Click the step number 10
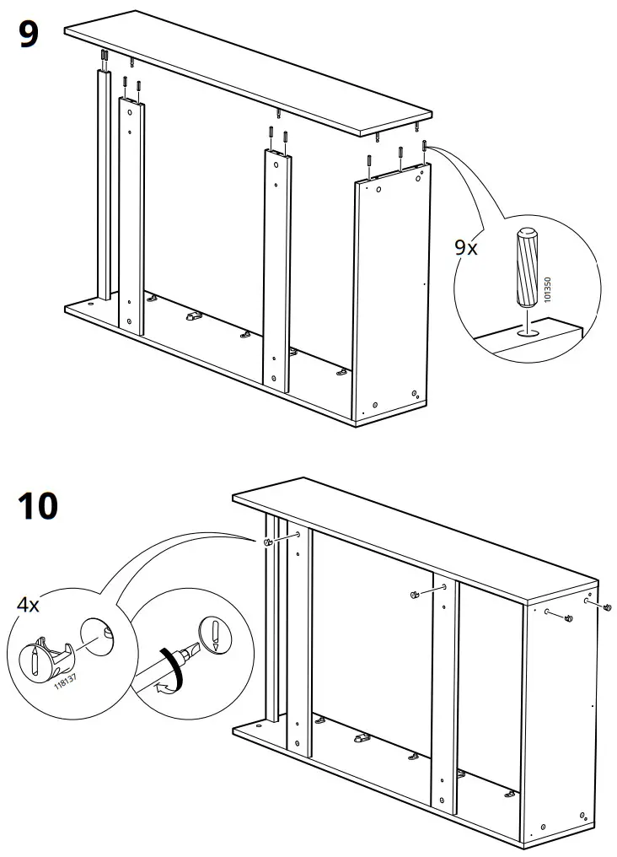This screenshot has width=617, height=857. pos(38,506)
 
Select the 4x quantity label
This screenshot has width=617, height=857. pos(29,606)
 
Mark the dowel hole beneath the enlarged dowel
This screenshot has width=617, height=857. pos(528,334)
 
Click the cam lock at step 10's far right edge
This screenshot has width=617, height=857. pos(607,607)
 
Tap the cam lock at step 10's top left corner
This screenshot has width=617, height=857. pos(267,542)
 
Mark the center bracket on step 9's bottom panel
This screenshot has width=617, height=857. pos(193,319)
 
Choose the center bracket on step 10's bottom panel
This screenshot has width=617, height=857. pos(361,738)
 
